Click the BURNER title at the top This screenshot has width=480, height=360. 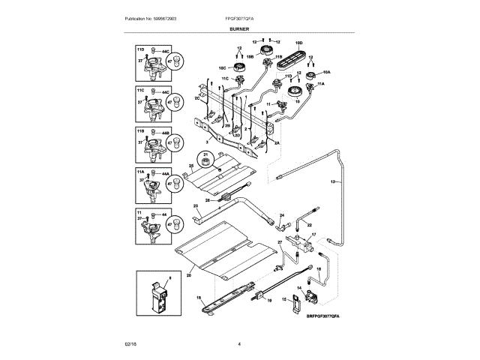[239, 28]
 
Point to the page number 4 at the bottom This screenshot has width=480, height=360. [238, 343]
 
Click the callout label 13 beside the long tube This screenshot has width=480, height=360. [333, 182]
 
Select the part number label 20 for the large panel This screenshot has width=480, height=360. [189, 276]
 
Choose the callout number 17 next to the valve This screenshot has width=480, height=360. [314, 235]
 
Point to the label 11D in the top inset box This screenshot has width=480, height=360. [140, 47]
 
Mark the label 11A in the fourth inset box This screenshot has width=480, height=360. [140, 172]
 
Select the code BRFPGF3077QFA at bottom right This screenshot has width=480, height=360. [328, 317]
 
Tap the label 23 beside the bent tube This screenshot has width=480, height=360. [196, 205]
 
